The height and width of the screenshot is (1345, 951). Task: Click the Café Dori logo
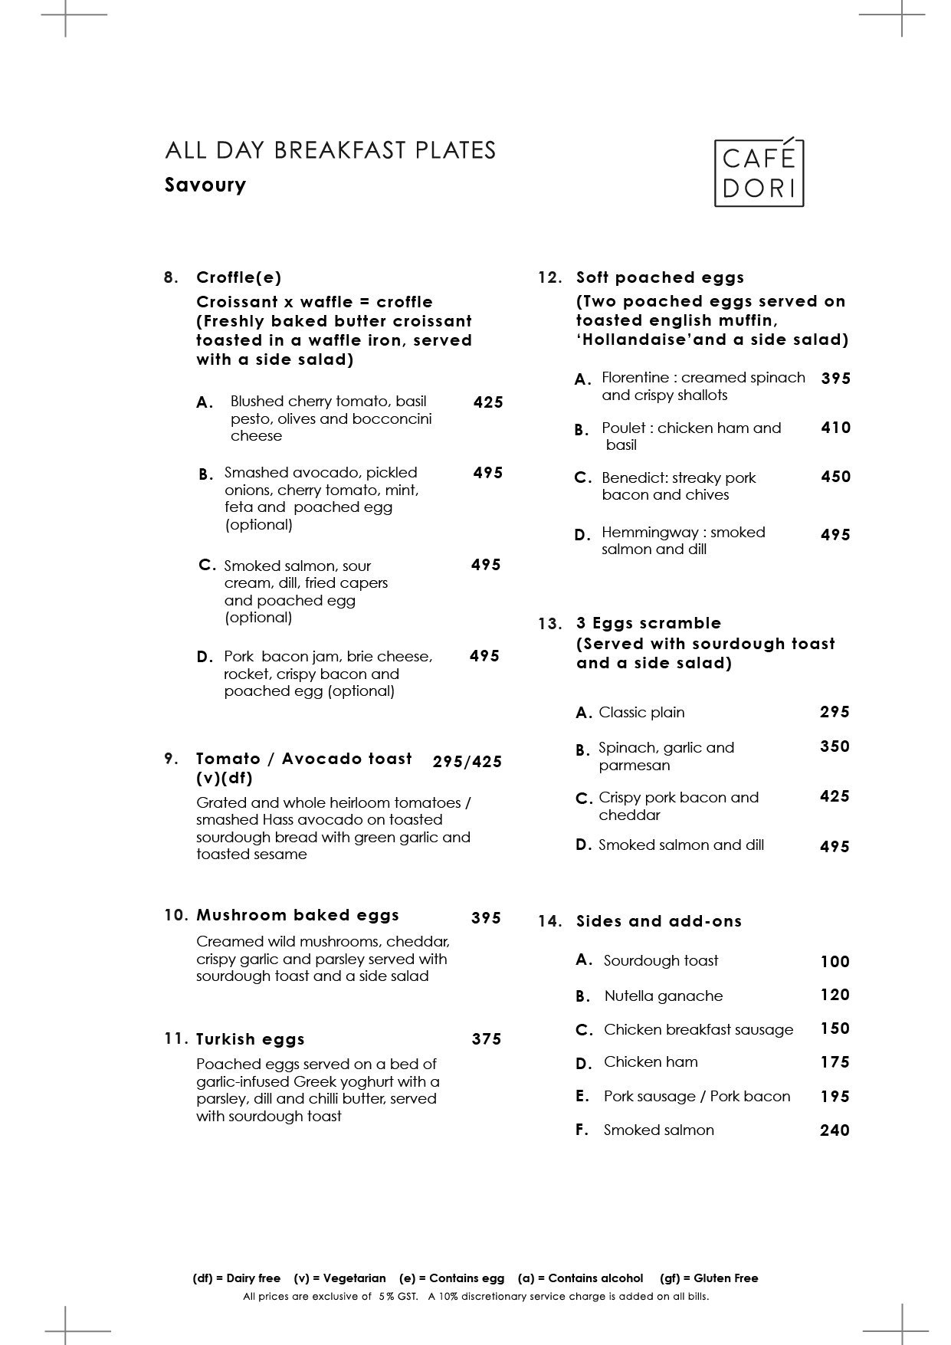(x=759, y=172)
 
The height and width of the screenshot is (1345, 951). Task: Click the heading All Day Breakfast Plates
(x=330, y=149)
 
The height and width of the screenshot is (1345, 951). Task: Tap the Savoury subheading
(x=205, y=185)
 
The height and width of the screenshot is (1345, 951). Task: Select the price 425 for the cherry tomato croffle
(x=488, y=402)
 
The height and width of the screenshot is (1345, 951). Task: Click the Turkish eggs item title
(x=251, y=1039)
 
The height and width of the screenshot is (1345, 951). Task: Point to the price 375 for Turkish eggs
(x=487, y=1039)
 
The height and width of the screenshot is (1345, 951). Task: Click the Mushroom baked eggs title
(x=297, y=915)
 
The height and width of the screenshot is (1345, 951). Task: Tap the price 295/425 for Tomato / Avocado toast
(x=467, y=762)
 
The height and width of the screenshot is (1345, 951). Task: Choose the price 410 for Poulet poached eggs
(x=835, y=428)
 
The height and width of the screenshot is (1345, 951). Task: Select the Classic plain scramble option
(x=641, y=712)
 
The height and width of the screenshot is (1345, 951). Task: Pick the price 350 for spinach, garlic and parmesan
(x=835, y=746)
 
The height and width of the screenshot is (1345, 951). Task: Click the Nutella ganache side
(x=663, y=996)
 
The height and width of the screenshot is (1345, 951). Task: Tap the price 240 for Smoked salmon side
(x=835, y=1130)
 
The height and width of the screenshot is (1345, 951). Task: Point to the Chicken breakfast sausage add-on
(x=698, y=1029)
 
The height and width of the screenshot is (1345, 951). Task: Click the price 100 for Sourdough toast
(x=835, y=962)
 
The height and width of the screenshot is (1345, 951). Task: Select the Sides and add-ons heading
(x=659, y=921)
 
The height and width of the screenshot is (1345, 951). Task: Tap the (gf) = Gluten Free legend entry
(x=709, y=1278)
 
